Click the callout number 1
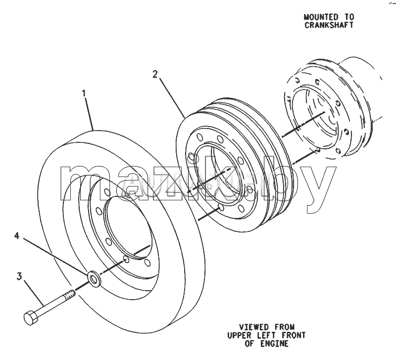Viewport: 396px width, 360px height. [84, 93]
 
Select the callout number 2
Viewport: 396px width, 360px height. [155, 74]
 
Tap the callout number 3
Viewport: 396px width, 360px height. [19, 276]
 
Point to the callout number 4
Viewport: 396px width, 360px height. [17, 236]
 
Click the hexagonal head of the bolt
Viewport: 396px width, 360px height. [31, 317]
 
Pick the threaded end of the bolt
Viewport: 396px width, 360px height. [70, 294]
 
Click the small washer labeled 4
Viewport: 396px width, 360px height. [94, 278]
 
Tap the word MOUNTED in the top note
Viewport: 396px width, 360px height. [321, 17]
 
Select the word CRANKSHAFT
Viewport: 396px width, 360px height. [329, 25]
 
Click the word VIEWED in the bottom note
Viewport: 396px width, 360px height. [254, 327]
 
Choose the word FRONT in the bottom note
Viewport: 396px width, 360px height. [294, 335]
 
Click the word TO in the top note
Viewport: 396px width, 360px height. [349, 17]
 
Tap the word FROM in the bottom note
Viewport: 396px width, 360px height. [285, 327]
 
